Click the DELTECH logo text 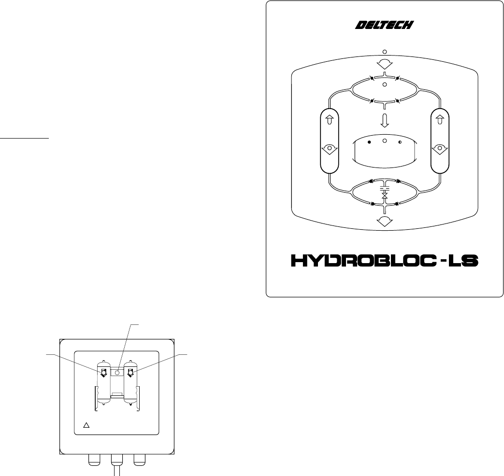click(x=385, y=25)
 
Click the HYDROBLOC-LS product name click(x=385, y=261)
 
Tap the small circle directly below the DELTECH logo click(x=385, y=52)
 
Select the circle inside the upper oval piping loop click(x=385, y=84)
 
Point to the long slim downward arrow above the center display click(x=385, y=120)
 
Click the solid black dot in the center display click(x=369, y=142)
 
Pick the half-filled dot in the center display click(x=400, y=142)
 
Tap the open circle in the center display click(x=385, y=140)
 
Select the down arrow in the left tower click(x=330, y=149)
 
